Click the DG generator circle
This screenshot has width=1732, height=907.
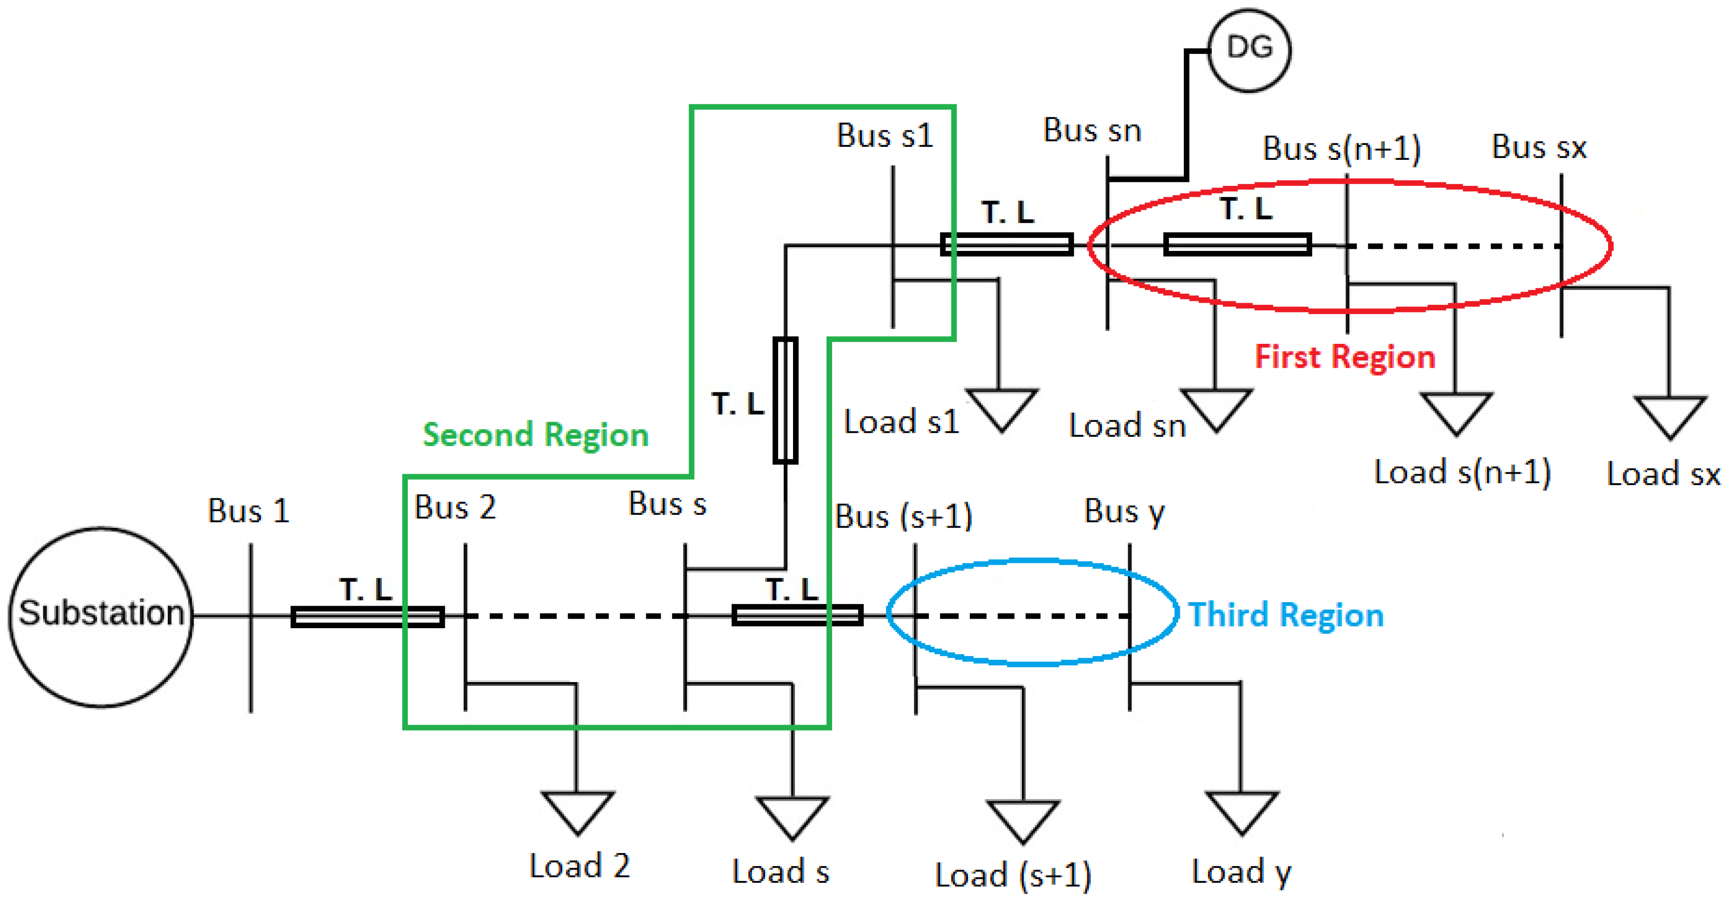(x=1249, y=50)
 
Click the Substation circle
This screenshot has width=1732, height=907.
(x=101, y=617)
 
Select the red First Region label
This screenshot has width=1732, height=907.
(x=1345, y=356)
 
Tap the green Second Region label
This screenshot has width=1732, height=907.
(x=535, y=434)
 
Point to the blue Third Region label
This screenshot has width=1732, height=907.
(x=1286, y=615)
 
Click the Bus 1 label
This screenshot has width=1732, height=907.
(x=248, y=511)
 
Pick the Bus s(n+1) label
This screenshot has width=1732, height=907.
(x=1341, y=148)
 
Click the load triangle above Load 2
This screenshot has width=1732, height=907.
(x=578, y=810)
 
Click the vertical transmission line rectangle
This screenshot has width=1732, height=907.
(x=786, y=400)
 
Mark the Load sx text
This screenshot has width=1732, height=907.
(x=1663, y=474)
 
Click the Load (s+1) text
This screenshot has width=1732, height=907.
(x=1012, y=876)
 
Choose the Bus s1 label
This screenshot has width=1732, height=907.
(x=885, y=136)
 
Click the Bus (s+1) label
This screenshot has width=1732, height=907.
(x=903, y=516)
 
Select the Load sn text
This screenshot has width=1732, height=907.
(x=1127, y=426)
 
